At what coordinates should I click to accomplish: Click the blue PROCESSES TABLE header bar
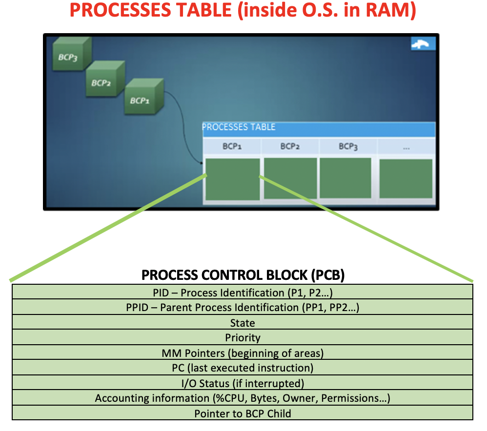coord(319,128)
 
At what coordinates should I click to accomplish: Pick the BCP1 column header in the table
coord(232,146)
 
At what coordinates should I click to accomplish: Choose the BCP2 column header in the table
coord(290,146)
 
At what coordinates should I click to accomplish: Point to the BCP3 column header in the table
coord(348,146)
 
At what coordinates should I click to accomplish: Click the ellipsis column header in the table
coord(406,146)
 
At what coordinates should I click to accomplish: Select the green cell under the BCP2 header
coord(290,178)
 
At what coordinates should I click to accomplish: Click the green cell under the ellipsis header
coord(406,178)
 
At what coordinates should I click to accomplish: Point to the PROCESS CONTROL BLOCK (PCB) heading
coord(243,275)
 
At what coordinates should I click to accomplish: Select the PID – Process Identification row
coord(243,293)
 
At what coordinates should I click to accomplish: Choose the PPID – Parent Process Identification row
coord(243,308)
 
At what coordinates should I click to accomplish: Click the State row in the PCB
coord(243,323)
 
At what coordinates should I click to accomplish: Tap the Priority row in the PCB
coord(243,338)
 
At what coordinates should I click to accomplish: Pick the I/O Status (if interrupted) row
coord(243,383)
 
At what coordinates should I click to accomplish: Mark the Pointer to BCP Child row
coord(243,413)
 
